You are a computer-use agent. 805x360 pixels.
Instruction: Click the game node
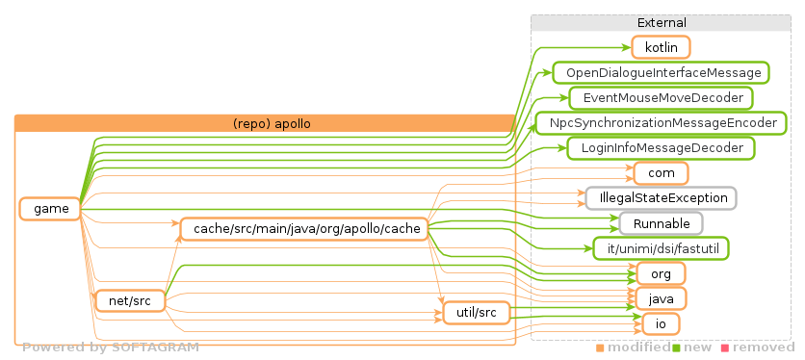pos(50,209)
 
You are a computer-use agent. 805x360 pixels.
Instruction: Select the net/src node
pos(126,301)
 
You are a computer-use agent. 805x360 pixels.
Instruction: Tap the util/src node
pos(475,313)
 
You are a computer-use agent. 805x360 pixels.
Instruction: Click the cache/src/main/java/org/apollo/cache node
pos(303,229)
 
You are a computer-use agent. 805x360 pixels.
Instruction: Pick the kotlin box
pos(661,47)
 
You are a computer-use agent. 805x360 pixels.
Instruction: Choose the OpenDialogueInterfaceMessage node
pos(660,72)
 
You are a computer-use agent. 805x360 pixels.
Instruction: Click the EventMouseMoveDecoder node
pos(661,97)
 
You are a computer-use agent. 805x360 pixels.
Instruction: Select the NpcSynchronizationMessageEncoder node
pos(662,123)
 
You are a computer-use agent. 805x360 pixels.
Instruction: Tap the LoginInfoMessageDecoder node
pos(661,148)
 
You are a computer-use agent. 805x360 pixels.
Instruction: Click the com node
pos(661,173)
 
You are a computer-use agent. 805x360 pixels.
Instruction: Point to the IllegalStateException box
pos(661,198)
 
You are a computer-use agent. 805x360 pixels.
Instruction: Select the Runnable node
pos(661,223)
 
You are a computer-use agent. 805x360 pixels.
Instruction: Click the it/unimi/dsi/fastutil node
pos(661,248)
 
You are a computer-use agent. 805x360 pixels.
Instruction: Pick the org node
pos(661,273)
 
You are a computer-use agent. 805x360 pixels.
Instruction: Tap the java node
pos(661,298)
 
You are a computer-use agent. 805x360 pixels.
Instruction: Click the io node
pos(661,323)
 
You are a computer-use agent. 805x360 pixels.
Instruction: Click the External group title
pos(661,22)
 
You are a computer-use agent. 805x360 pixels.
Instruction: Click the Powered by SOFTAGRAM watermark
pos(111,347)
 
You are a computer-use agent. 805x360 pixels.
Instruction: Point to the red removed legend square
pos(725,347)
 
